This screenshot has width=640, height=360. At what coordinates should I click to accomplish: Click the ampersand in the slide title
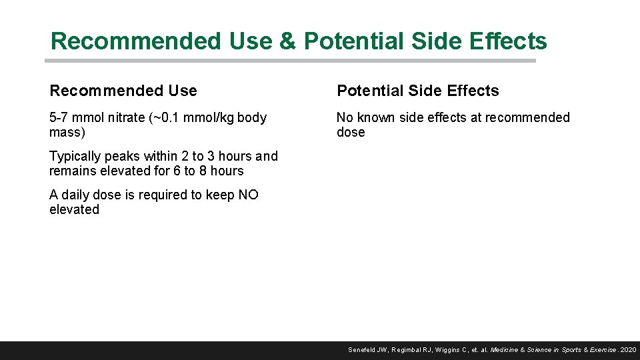coord(287,41)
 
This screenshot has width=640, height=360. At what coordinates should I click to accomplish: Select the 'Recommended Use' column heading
coord(123,91)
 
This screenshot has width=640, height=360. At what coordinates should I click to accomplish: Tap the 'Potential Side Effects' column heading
coord(418,91)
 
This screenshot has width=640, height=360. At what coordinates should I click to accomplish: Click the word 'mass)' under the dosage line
coord(67,133)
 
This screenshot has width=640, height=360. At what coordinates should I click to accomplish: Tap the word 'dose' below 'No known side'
coord(351,133)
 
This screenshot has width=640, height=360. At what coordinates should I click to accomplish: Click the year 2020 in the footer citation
coord(628,350)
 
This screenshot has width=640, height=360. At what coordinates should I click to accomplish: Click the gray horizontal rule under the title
coord(290,61)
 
